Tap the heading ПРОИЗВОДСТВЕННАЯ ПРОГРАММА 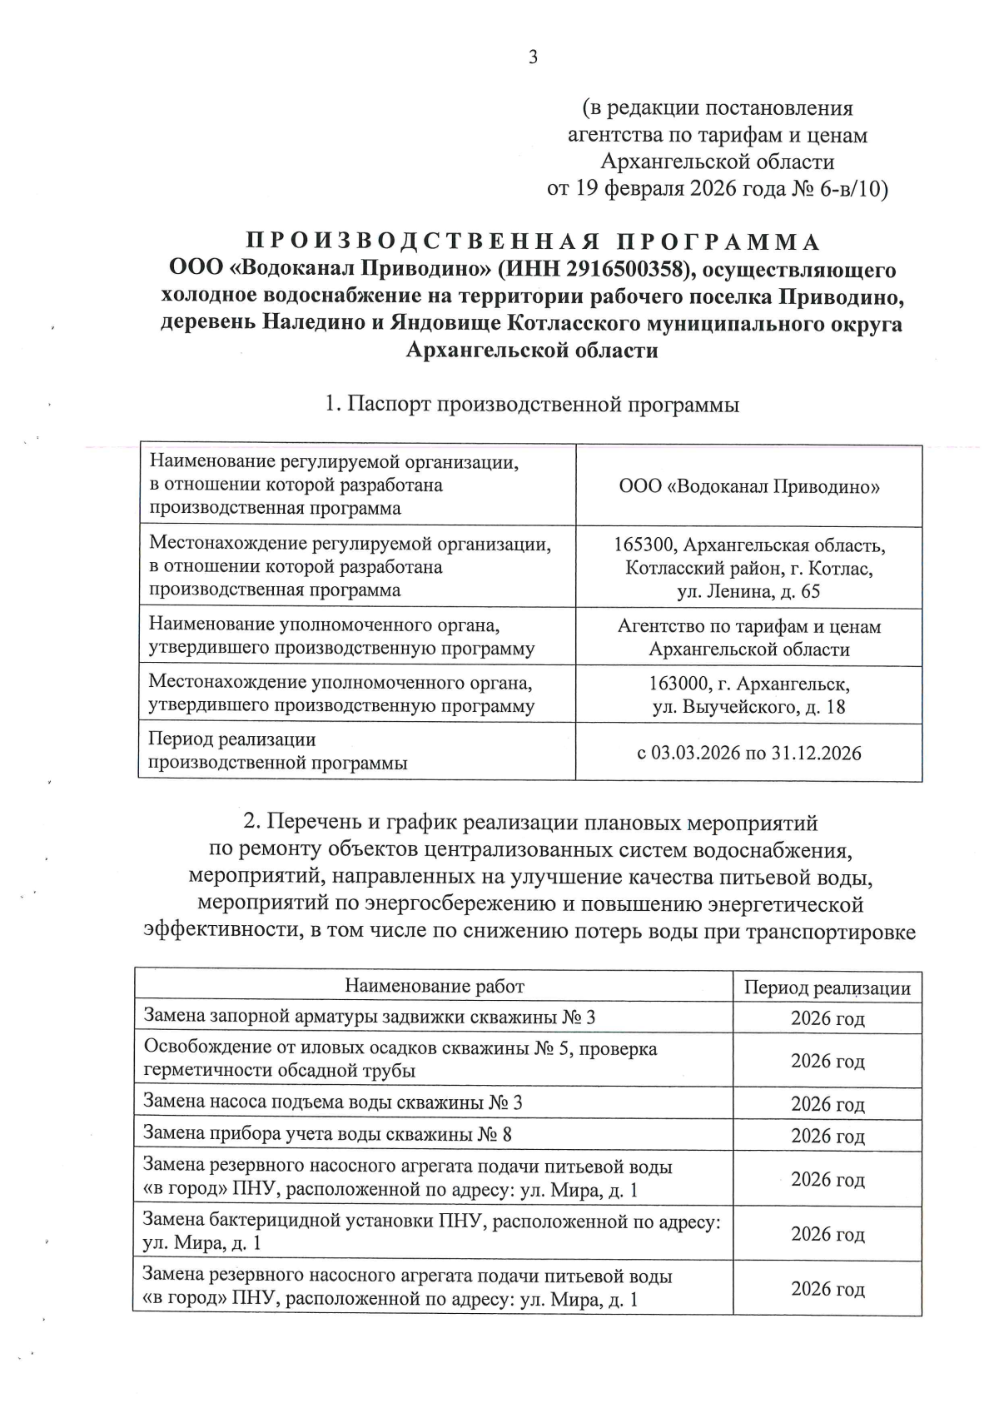533,242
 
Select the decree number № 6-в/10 838,189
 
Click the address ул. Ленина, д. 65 748,592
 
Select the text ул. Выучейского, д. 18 748,708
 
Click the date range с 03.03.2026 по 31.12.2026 748,754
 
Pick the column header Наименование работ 434,987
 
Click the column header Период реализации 827,988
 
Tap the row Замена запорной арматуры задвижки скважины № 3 370,1017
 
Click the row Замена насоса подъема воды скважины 333,1103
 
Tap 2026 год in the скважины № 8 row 827,1136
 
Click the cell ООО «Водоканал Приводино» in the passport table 748,486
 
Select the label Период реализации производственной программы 277,750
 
